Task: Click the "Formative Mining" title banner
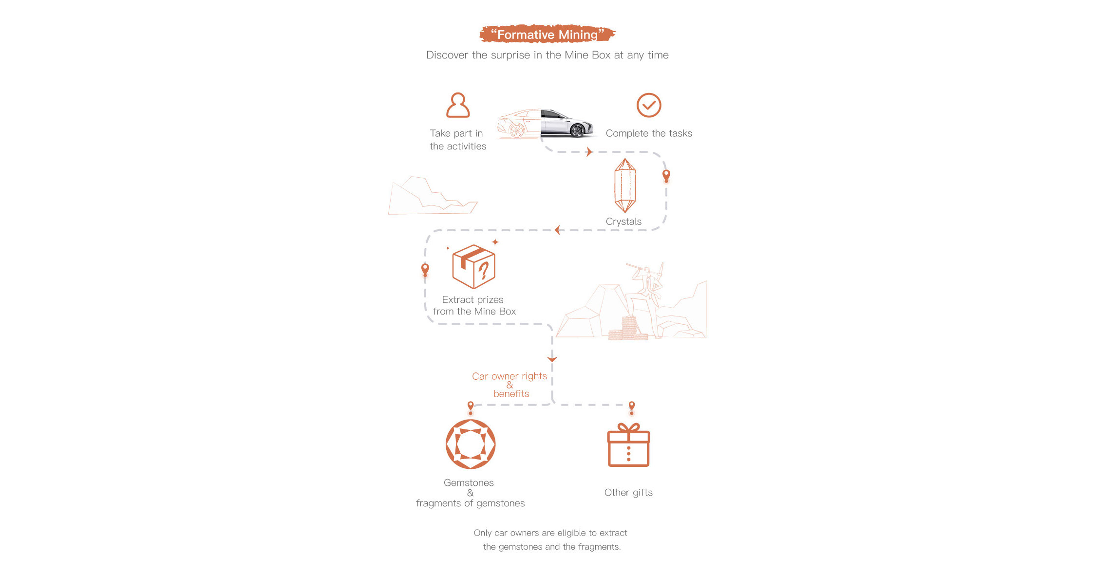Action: (x=547, y=34)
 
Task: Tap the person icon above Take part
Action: (x=458, y=105)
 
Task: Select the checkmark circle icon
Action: (x=649, y=105)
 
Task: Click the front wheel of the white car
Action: (x=577, y=130)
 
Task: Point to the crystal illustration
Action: (x=625, y=185)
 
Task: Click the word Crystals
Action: (x=623, y=222)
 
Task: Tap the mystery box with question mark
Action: (x=473, y=266)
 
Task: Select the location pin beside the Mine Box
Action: (x=425, y=269)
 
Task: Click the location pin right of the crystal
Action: (x=666, y=175)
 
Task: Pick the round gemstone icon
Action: (x=471, y=444)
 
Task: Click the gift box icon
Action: (x=628, y=445)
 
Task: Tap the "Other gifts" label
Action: (x=628, y=492)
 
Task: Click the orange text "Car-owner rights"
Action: (x=509, y=376)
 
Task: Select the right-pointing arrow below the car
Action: (x=589, y=152)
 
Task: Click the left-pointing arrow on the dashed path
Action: (x=557, y=230)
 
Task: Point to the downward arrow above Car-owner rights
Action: (x=552, y=359)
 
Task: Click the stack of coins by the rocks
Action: (x=628, y=328)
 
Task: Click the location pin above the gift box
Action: (x=632, y=407)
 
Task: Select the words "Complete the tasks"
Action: (x=649, y=133)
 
